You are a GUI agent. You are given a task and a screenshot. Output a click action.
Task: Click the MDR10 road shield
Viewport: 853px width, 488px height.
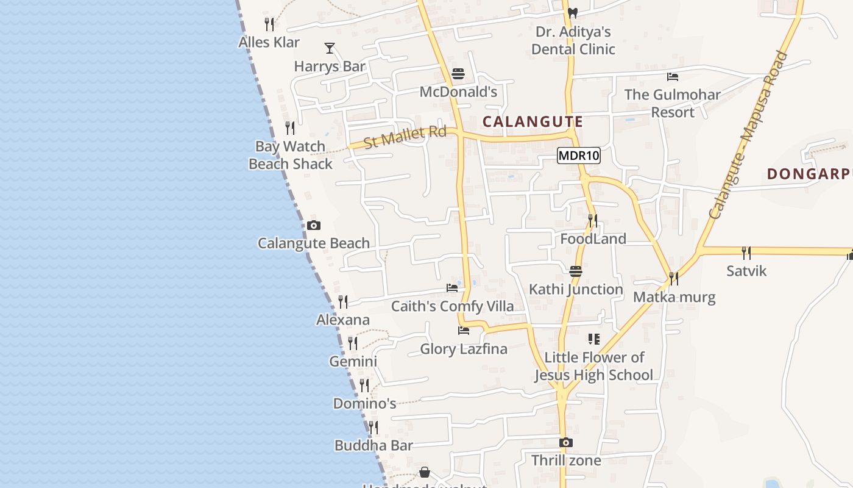[x=579, y=156]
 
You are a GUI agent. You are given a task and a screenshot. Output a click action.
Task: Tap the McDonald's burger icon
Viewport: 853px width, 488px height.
[x=458, y=74]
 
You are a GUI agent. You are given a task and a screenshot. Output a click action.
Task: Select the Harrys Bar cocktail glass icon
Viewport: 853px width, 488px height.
[x=330, y=48]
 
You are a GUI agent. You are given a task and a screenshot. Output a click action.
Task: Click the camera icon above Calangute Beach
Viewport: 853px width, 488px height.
[x=314, y=225]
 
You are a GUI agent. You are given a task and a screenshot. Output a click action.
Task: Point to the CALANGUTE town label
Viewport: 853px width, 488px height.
[x=533, y=121]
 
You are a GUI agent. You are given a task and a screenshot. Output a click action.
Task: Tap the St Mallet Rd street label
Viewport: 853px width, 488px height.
[x=405, y=136]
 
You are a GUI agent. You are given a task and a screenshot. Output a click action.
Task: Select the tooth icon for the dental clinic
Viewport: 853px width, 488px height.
[x=572, y=12]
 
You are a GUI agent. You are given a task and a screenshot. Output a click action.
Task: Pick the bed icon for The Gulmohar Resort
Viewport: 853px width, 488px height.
[x=673, y=77]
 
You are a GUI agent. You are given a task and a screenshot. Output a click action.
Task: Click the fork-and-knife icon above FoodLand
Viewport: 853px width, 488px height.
[x=592, y=220]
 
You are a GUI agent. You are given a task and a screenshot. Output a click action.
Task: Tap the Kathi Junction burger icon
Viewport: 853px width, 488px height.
[x=576, y=271]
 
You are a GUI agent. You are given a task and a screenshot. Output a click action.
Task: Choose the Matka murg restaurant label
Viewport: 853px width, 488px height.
[x=674, y=297]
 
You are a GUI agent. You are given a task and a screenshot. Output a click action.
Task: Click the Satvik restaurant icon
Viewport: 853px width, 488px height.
[x=746, y=253]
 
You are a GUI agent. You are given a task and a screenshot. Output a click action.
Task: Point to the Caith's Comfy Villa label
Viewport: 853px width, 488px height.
[x=452, y=306]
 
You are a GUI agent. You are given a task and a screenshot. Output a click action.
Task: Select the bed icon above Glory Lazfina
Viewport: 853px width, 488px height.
[x=464, y=331]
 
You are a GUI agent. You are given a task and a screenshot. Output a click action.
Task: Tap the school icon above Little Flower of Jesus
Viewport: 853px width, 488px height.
[x=593, y=339]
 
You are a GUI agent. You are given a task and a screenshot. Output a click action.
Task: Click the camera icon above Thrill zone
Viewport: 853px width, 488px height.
[x=566, y=442]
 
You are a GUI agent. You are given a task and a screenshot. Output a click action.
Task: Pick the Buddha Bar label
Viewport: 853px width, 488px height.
[x=373, y=446]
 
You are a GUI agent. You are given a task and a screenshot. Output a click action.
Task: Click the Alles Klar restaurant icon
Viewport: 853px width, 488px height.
[x=269, y=24]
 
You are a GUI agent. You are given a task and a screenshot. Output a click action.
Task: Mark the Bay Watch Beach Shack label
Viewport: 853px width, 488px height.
[x=291, y=155]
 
